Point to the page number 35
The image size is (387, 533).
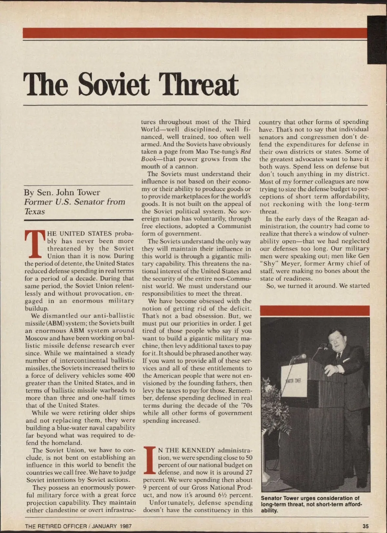point(365,526)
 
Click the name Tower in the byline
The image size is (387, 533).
point(88,193)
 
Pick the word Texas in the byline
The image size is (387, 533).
point(35,212)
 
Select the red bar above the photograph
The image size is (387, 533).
point(315,311)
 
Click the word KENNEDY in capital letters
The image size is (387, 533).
point(199,450)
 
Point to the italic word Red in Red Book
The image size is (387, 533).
point(246,152)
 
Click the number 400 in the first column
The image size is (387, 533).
point(130,376)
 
